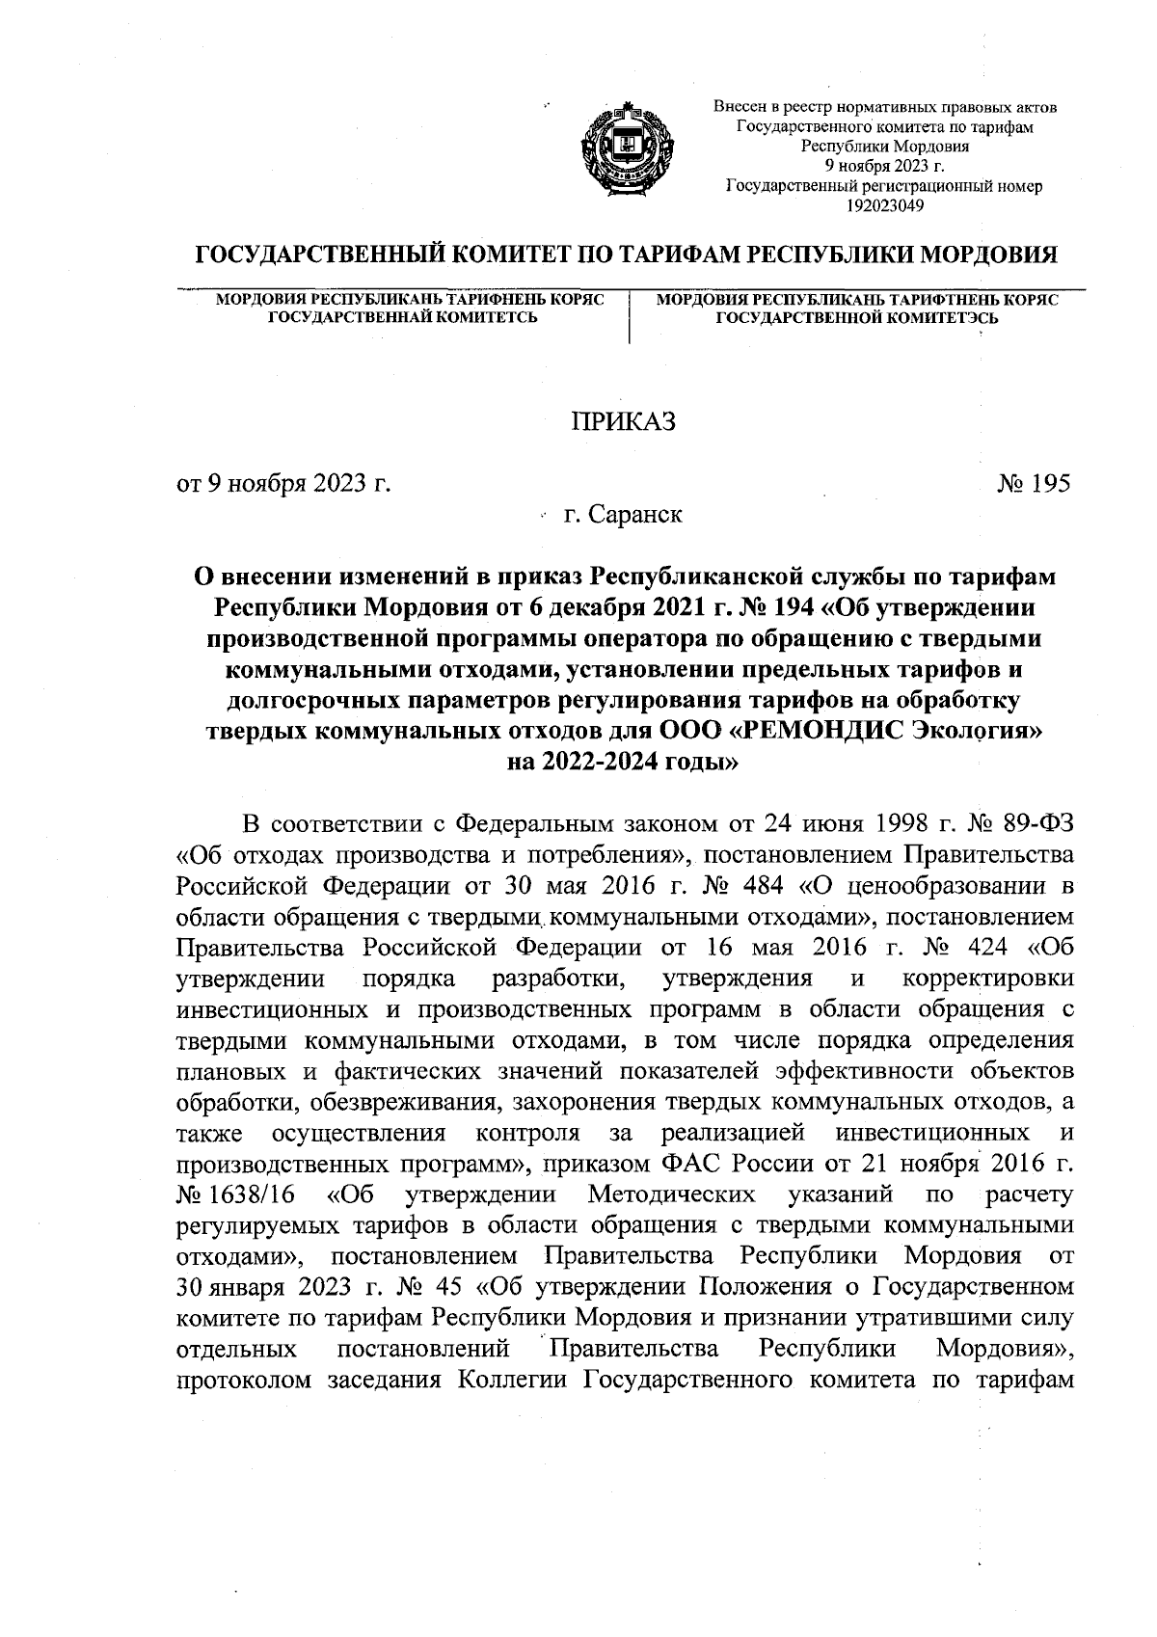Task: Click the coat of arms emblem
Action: (625, 148)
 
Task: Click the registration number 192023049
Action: (884, 205)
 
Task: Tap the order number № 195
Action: (1034, 483)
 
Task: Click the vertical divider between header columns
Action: (629, 317)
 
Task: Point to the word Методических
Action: (671, 1195)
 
